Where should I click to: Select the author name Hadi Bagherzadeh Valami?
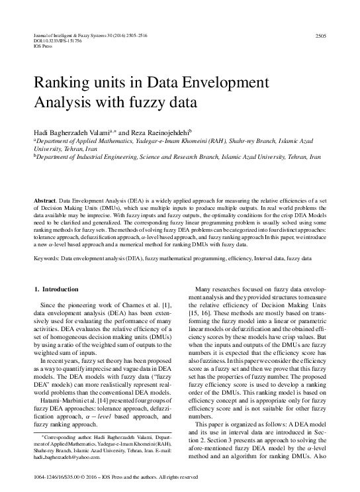[73, 132]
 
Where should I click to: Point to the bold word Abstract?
[45, 199]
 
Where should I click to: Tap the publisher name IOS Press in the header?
[42, 46]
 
